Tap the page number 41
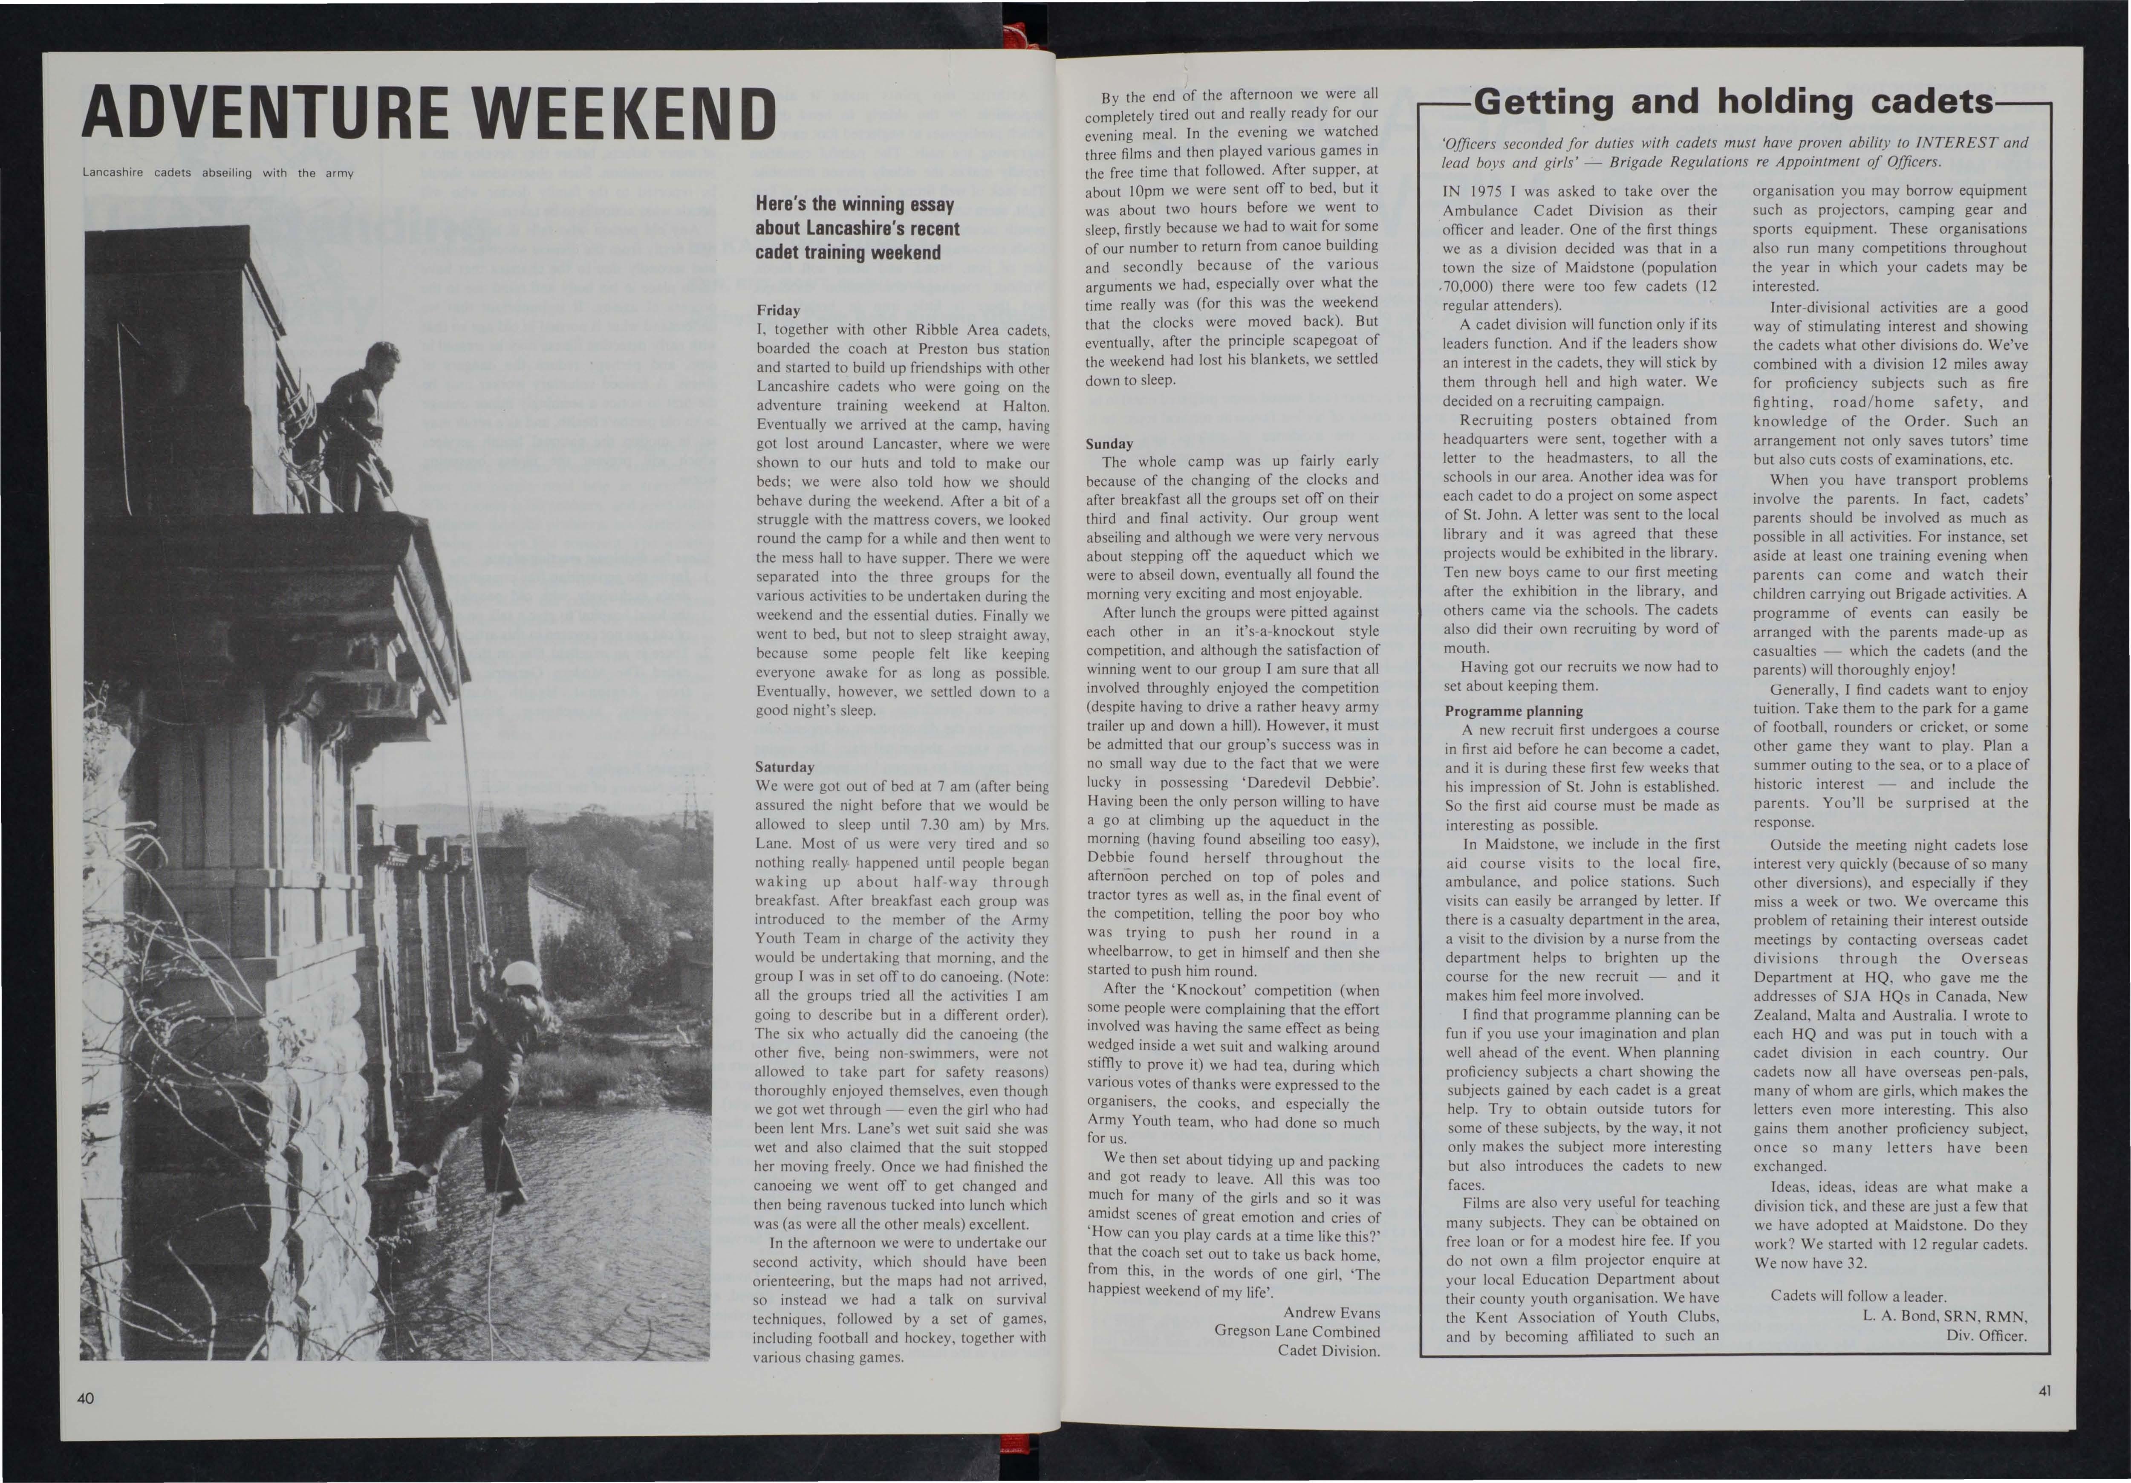2044,1390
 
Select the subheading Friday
778,310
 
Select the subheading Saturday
784,767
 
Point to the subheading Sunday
1109,444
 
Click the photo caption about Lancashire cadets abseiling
218,173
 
